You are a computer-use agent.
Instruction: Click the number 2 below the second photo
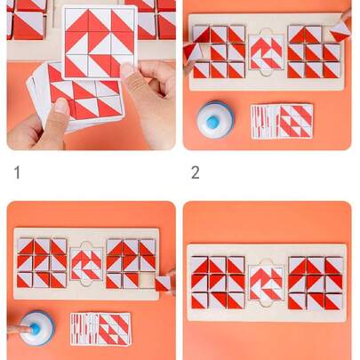click(195, 172)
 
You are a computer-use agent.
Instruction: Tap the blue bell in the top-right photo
click(214, 118)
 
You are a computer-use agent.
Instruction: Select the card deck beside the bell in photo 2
click(281, 121)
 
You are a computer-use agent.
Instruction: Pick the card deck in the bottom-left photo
click(100, 328)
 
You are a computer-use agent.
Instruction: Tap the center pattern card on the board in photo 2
click(266, 52)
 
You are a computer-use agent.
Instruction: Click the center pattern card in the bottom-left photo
click(87, 264)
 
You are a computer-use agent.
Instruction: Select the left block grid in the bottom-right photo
click(218, 283)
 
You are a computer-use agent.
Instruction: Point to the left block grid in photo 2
click(220, 52)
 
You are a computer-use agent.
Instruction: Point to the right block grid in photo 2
click(313, 52)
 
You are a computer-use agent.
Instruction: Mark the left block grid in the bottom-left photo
click(42, 263)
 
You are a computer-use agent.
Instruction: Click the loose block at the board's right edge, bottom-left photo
click(164, 283)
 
